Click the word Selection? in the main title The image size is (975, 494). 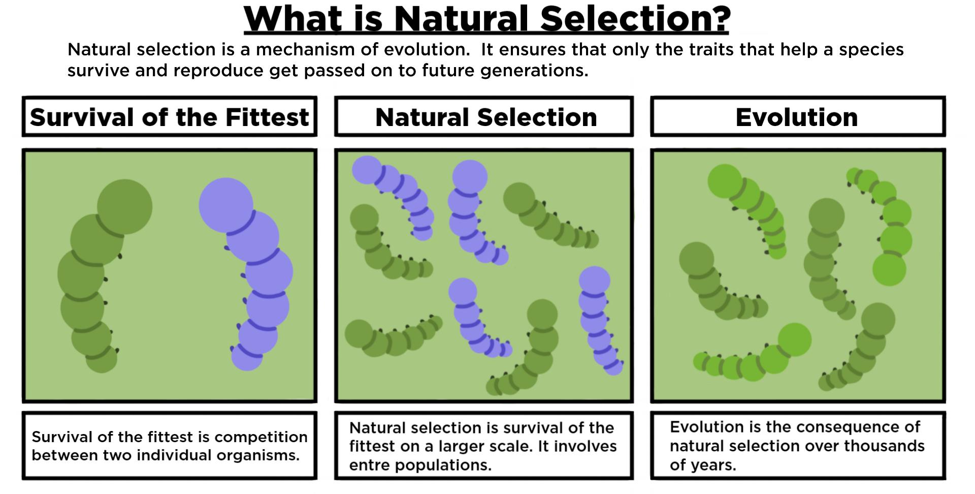(635, 19)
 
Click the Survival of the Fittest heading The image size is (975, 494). (169, 117)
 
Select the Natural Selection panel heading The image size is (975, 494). (486, 117)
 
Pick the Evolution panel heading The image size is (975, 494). (796, 117)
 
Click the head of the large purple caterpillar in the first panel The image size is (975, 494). (225, 204)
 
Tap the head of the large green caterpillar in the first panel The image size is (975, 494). (124, 206)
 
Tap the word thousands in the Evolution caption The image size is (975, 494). (884, 446)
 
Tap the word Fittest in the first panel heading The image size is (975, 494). (267, 117)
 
